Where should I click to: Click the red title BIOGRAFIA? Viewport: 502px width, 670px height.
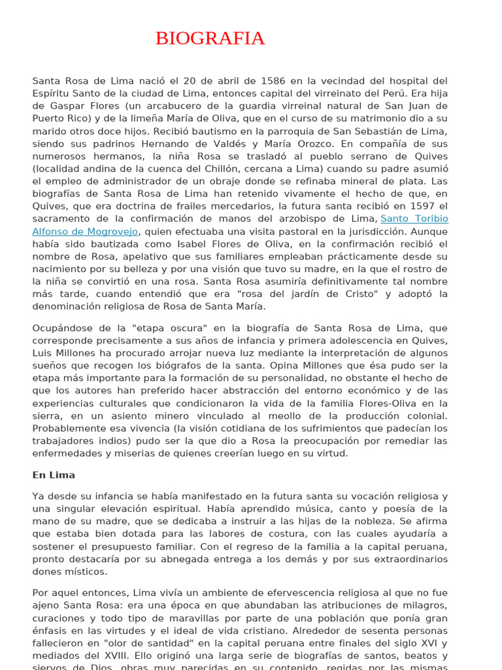point(210,39)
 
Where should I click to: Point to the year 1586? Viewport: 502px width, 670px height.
point(273,80)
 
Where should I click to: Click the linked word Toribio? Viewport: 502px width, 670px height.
point(428,219)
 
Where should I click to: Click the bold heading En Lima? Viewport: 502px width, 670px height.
point(54,475)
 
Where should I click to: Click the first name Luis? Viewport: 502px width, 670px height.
point(43,353)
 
